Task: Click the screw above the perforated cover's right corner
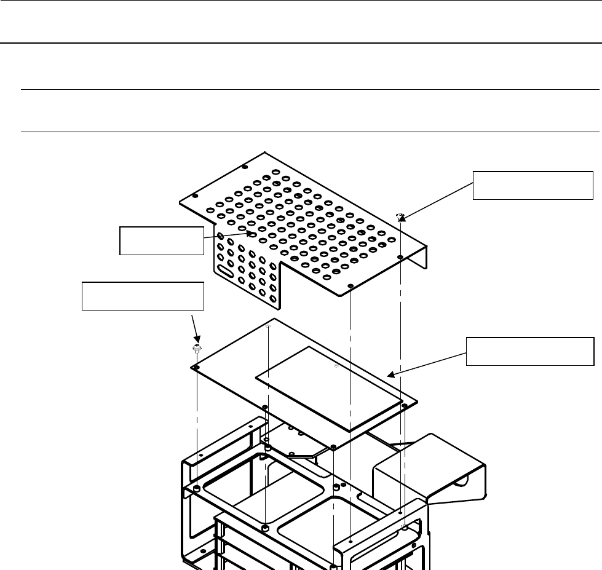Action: coord(400,215)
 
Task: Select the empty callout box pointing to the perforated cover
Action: coord(160,240)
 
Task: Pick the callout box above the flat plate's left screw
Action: coord(143,297)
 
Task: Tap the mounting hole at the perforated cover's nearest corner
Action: coord(350,287)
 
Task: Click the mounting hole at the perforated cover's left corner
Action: coord(194,196)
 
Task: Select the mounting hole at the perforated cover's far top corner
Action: coord(245,167)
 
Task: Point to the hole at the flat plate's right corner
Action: coord(404,406)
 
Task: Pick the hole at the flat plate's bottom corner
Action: coord(333,448)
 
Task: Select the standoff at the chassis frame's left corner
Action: coord(196,488)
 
